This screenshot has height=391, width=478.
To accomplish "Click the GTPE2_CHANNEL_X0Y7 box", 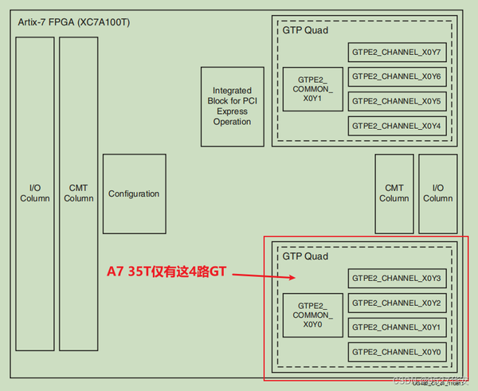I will (396, 53).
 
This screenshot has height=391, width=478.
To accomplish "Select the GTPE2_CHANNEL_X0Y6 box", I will (396, 77).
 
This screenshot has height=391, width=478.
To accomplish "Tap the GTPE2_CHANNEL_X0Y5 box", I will (396, 102).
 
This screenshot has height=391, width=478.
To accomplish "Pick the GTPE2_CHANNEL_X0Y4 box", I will (396, 126).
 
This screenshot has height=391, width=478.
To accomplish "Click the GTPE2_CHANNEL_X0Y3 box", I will (396, 278).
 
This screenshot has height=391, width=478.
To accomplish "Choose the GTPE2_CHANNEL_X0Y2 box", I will (396, 303).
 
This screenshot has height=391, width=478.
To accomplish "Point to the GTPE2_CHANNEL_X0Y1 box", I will (396, 327).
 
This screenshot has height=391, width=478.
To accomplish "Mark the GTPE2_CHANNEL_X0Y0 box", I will (396, 352).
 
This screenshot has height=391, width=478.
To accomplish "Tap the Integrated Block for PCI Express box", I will (232, 107).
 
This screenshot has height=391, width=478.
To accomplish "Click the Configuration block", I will (134, 194).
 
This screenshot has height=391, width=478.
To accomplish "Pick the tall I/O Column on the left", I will (34, 193).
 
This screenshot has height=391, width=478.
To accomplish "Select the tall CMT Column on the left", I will (79, 193).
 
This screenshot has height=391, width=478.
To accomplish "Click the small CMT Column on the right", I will (394, 193).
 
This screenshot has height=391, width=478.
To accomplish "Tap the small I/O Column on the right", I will (437, 193).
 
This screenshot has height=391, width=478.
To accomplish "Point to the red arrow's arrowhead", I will (293, 278).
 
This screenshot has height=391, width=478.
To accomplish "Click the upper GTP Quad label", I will (305, 30).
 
